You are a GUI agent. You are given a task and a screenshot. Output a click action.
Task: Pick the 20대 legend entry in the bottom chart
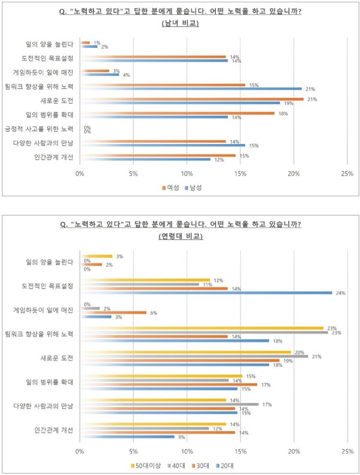coord(224,465)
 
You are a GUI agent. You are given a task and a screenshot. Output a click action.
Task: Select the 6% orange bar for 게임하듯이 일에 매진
coord(113,312)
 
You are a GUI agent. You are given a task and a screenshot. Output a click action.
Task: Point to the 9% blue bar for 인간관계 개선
coord(127,436)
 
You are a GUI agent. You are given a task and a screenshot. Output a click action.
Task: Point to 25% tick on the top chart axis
coord(347,173)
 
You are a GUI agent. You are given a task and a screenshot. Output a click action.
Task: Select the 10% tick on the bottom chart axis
coord(187,451)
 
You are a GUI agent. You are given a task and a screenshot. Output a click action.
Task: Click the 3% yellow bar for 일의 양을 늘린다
coord(97,257)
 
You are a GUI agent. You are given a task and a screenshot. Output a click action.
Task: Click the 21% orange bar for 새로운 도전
coord(192,99)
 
